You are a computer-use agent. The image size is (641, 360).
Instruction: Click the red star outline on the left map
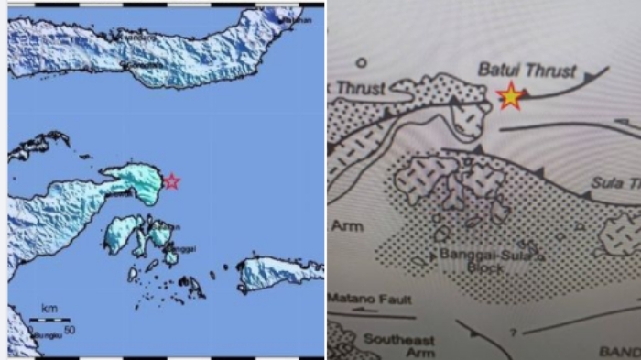coord(171,181)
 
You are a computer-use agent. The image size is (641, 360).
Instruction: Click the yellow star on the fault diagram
coord(510,95)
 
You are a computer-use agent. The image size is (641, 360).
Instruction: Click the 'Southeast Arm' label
coord(395,345)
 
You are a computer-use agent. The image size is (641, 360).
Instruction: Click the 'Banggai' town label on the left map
coord(183,245)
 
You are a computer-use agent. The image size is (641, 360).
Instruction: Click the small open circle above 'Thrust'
coord(361,63)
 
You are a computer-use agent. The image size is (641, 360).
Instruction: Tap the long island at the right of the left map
coord(280,272)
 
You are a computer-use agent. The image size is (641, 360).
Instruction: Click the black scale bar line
coord(49,320)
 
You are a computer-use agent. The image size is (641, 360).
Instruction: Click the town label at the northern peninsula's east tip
coord(293,17)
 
